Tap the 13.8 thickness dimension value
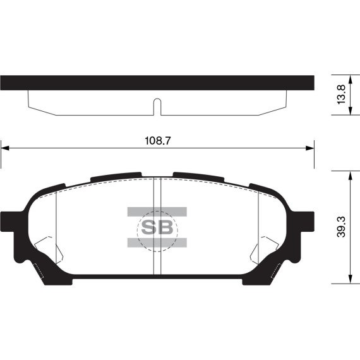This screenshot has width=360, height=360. tap(341, 95)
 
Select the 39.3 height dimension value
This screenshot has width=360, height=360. tap(342, 227)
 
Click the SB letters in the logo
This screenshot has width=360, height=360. tap(157, 227)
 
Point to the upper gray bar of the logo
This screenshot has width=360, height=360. tap(157, 211)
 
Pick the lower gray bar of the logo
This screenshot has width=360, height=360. tap(157, 243)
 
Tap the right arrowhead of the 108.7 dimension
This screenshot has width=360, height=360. tap(310, 148)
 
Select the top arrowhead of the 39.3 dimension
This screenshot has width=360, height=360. tap(349, 174)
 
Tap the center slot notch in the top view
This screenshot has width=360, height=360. tap(157, 106)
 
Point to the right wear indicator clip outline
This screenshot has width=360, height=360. tap(267, 253)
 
